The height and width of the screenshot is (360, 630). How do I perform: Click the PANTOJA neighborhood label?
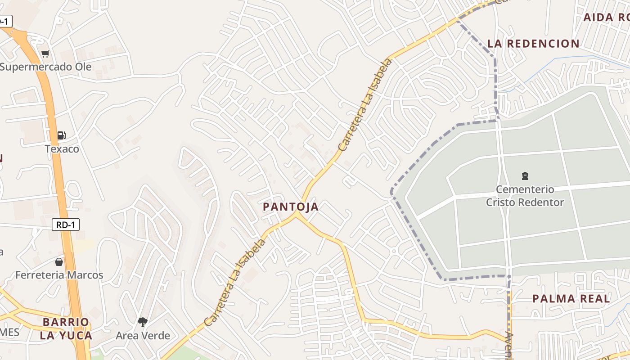(291, 207)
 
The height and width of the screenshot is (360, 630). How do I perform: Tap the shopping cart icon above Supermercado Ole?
(45, 54)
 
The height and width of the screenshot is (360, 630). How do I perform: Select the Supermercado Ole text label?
(46, 67)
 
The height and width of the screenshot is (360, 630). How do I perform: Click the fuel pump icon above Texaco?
(61, 135)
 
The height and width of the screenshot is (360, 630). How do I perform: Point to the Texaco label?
(62, 149)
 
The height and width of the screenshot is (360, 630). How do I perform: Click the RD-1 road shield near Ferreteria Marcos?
(66, 225)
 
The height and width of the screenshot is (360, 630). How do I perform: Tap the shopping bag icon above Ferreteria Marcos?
(59, 261)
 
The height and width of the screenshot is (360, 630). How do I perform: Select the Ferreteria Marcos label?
(59, 275)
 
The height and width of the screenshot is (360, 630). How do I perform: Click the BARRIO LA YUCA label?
(66, 328)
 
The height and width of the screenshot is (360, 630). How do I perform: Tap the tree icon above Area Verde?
(143, 322)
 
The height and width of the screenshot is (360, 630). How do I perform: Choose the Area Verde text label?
(143, 336)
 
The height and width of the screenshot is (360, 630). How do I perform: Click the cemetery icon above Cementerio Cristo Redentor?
(525, 175)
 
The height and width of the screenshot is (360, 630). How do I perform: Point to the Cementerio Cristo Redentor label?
(525, 196)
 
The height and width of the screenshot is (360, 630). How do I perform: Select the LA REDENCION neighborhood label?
(533, 44)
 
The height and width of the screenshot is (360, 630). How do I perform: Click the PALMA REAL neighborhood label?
(571, 299)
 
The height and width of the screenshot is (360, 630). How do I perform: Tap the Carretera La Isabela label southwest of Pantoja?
(234, 283)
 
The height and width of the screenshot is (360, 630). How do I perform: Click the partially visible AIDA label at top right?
(606, 18)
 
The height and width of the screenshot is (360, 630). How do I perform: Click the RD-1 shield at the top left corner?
(4, 21)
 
